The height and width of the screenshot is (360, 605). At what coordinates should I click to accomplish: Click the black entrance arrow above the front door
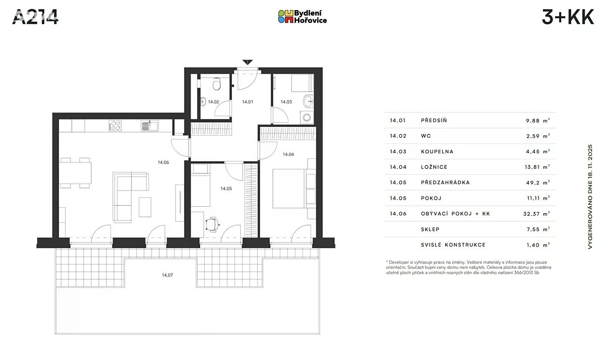[x=248, y=62]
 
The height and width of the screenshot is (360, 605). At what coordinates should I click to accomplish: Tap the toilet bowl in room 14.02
[x=217, y=84]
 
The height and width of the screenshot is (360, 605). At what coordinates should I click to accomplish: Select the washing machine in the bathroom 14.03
[x=307, y=117]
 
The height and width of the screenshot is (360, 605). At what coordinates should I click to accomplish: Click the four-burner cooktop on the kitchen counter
[x=115, y=126]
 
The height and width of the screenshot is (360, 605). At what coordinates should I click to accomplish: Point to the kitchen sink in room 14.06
[x=149, y=126]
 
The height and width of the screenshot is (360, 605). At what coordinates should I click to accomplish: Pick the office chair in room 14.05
[x=213, y=224]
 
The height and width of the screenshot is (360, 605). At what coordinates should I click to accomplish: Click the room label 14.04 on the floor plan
[x=288, y=154]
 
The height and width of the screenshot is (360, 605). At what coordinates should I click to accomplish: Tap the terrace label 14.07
[x=167, y=275]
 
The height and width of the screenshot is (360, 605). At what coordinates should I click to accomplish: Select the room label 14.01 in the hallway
[x=248, y=102]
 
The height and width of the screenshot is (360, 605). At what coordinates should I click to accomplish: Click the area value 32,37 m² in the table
[x=536, y=214]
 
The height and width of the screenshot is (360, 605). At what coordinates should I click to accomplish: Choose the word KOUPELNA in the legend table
[x=437, y=151]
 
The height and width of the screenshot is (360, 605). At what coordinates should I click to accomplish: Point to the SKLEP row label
[x=430, y=229]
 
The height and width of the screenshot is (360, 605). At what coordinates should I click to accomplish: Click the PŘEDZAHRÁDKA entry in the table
[x=445, y=183]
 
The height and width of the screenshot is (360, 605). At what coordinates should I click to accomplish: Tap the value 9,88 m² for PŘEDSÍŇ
[x=538, y=121]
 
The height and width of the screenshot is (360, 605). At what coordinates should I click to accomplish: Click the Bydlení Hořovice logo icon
[x=286, y=17]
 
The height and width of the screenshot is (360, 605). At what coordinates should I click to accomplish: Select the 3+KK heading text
[x=568, y=17]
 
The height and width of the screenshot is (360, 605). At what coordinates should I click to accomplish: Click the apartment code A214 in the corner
[x=35, y=17]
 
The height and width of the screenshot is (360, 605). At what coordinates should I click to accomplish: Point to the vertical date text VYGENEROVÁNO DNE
[x=590, y=197]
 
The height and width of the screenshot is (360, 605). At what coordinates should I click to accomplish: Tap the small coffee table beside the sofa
[x=145, y=207]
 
